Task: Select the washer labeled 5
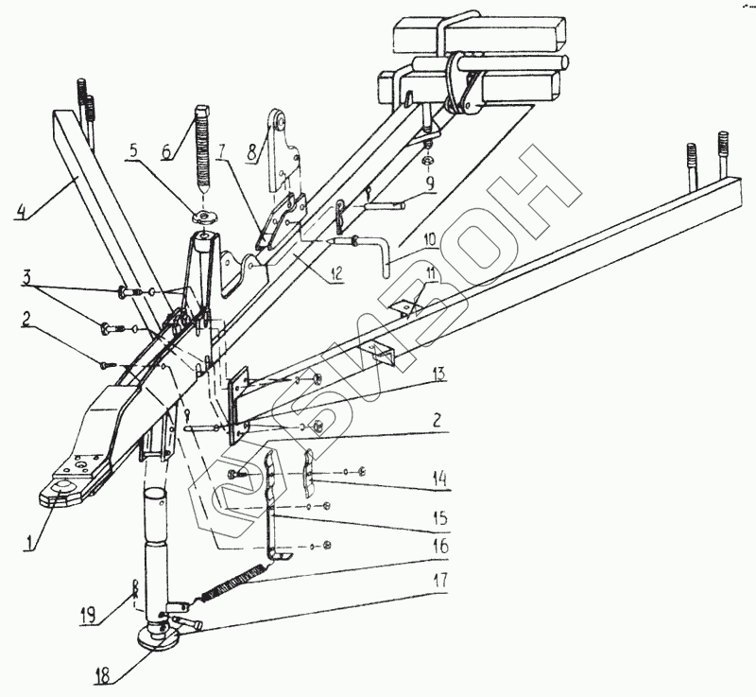[x=201, y=217]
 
